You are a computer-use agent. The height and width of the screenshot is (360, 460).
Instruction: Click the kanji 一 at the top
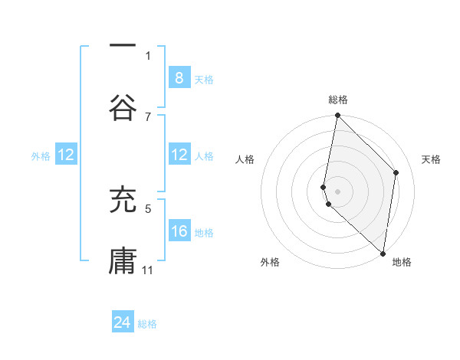pyautogui.click(x=123, y=47)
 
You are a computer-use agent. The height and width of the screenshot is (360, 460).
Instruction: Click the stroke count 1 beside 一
pyautogui.click(x=148, y=55)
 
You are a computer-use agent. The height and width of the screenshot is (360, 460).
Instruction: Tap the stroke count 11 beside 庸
pyautogui.click(x=148, y=270)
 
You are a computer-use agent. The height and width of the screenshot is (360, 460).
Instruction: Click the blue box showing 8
pyautogui.click(x=179, y=78)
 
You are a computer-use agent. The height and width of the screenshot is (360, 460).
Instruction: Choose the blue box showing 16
pyautogui.click(x=179, y=231)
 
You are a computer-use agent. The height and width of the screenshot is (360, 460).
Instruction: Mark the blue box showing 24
pyautogui.click(x=123, y=323)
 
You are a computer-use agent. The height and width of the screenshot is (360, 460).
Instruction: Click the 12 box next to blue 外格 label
pyautogui.click(x=66, y=155)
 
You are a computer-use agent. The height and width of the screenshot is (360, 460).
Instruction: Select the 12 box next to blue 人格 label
pyautogui.click(x=179, y=155)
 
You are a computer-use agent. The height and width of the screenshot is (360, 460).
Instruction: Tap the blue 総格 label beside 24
pyautogui.click(x=147, y=324)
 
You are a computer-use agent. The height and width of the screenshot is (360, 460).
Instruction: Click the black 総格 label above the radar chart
pyautogui.click(x=338, y=100)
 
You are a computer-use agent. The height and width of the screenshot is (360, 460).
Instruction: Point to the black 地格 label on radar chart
pyautogui.click(x=402, y=262)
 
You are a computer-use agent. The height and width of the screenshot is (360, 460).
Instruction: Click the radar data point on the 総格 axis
pyautogui.click(x=337, y=116)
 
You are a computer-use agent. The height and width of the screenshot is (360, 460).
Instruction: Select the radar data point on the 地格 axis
pyautogui.click(x=383, y=254)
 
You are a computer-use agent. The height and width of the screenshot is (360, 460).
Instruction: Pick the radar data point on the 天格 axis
pyautogui.click(x=396, y=172)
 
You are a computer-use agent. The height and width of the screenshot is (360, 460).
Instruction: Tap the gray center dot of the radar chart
pyautogui.click(x=337, y=191)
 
